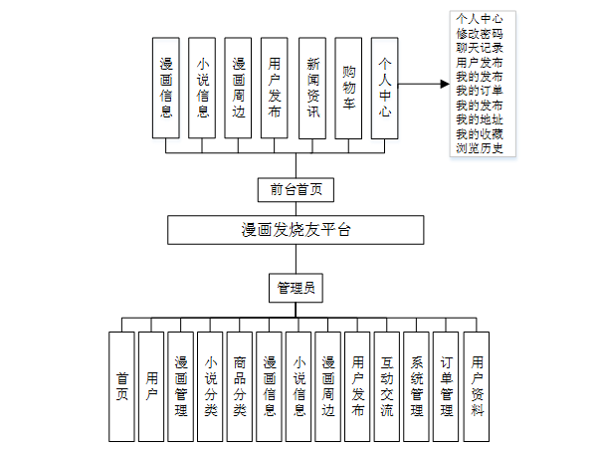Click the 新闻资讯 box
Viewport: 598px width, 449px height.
[312, 88]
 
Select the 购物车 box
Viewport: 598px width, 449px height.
[348, 88]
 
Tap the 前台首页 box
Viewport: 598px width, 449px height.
[296, 188]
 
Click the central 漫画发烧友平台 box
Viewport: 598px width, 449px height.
[296, 230]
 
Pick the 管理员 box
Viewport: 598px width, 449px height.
[296, 288]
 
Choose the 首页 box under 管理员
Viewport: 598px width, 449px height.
[121, 385]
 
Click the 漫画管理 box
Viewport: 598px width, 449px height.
[180, 385]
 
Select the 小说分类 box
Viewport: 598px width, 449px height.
[210, 385]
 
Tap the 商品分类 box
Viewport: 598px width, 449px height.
[239, 385]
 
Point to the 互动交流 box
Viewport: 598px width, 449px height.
[386, 385]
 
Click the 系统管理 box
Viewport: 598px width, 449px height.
[416, 385]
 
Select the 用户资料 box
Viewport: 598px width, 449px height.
[477, 385]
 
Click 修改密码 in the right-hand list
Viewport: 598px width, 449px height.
[479, 33]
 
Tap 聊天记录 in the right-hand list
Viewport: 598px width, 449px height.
[479, 47]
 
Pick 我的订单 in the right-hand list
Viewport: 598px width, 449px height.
[479, 91]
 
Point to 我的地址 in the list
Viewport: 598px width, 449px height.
[479, 119]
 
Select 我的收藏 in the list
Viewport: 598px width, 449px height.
[479, 134]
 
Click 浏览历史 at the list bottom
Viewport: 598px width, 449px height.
[479, 148]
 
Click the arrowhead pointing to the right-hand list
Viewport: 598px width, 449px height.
[444, 85]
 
